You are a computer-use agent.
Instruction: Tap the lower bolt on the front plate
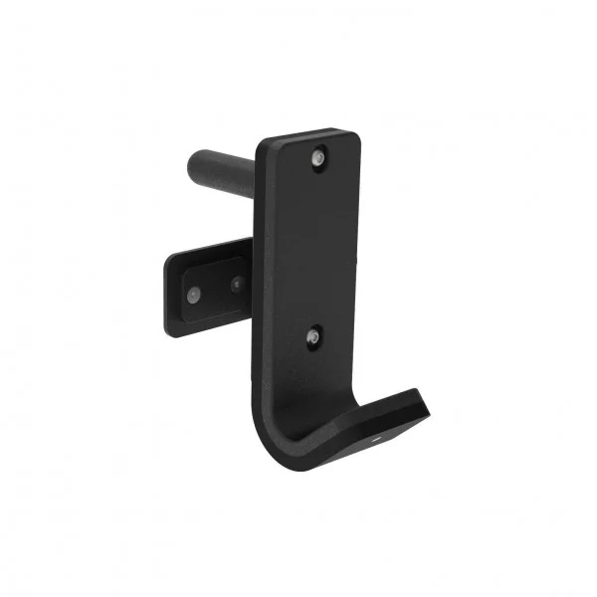(x=312, y=337)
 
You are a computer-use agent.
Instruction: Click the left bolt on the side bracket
(x=194, y=294)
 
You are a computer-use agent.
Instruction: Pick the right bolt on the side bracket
(x=237, y=284)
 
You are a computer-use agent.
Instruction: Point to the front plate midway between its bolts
(x=314, y=249)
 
